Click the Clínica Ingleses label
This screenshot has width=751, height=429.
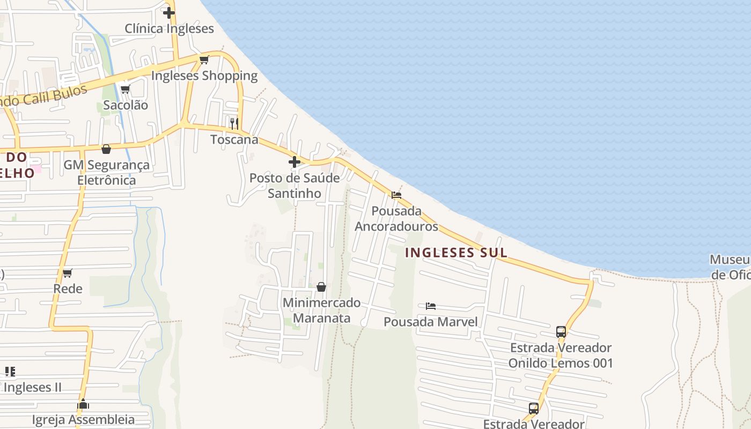pyautogui.click(x=169, y=28)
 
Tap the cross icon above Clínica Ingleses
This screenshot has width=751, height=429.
pyautogui.click(x=169, y=12)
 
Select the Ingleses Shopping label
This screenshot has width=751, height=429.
pyautogui.click(x=204, y=76)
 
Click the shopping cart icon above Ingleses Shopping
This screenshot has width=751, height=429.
pyautogui.click(x=204, y=60)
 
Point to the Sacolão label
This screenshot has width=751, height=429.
pyautogui.click(x=126, y=105)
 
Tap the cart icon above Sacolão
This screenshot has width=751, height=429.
pyautogui.click(x=125, y=89)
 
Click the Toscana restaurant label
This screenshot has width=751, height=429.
pyautogui.click(x=234, y=139)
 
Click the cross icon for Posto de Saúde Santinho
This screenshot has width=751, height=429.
pyautogui.click(x=294, y=161)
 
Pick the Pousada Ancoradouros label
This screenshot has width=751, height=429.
pyautogui.click(x=396, y=219)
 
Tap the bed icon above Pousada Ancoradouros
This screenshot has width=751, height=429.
pyautogui.click(x=396, y=195)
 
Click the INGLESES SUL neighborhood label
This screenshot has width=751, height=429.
pyautogui.click(x=456, y=253)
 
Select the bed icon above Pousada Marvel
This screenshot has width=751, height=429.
pyautogui.click(x=430, y=306)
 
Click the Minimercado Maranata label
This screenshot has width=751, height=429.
pyautogui.click(x=321, y=310)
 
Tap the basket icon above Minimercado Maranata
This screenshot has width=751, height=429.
pyautogui.click(x=321, y=287)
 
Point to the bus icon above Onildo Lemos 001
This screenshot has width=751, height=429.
pyautogui.click(x=561, y=331)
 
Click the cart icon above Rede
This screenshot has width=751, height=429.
pyautogui.click(x=68, y=273)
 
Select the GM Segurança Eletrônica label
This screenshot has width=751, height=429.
pyautogui.click(x=107, y=172)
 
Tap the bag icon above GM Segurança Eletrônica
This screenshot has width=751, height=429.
pyautogui.click(x=106, y=149)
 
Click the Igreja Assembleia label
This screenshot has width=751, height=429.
pyautogui.click(x=84, y=419)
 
